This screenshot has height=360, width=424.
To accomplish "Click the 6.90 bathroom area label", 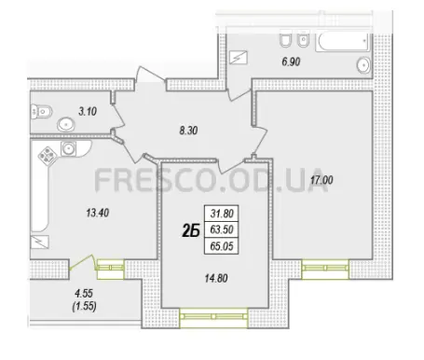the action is pyautogui.click(x=291, y=62).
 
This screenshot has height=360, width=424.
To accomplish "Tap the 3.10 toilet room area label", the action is pyautogui.click(x=88, y=111).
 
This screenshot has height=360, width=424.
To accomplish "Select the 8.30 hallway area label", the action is pyautogui.click(x=188, y=131).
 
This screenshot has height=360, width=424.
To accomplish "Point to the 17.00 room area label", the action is pyautogui.click(x=321, y=180).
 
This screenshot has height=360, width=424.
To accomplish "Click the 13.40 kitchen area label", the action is pyautogui.click(x=98, y=213).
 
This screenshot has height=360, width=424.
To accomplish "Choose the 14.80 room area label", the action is pyautogui.click(x=216, y=278).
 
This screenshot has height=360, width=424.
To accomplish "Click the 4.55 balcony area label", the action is pyautogui.click(x=84, y=293).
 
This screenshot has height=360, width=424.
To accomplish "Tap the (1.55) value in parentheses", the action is pyautogui.click(x=84, y=307).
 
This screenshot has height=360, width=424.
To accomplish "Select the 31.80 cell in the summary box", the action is pyautogui.click(x=222, y=214).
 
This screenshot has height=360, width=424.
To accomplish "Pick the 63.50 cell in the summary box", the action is pyautogui.click(x=222, y=229).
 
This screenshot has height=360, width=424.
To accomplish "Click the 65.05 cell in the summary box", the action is pyautogui.click(x=222, y=246).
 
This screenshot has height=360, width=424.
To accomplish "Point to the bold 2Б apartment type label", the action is pyautogui.click(x=190, y=230).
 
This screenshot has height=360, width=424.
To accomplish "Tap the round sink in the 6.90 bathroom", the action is pyautogui.click(x=363, y=65).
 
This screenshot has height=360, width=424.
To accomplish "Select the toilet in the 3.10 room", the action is pyautogui.click(x=41, y=112).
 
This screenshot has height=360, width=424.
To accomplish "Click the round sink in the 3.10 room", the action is pyautogui.click(x=66, y=125).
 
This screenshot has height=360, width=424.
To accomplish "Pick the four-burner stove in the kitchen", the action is pyautogui.click(x=48, y=155).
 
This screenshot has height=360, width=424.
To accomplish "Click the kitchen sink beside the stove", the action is pyautogui.click(x=68, y=148).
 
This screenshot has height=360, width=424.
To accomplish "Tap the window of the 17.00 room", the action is pyautogui.click(x=325, y=270).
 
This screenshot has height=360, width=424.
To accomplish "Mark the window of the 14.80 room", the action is pyautogui.click(x=213, y=317).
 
